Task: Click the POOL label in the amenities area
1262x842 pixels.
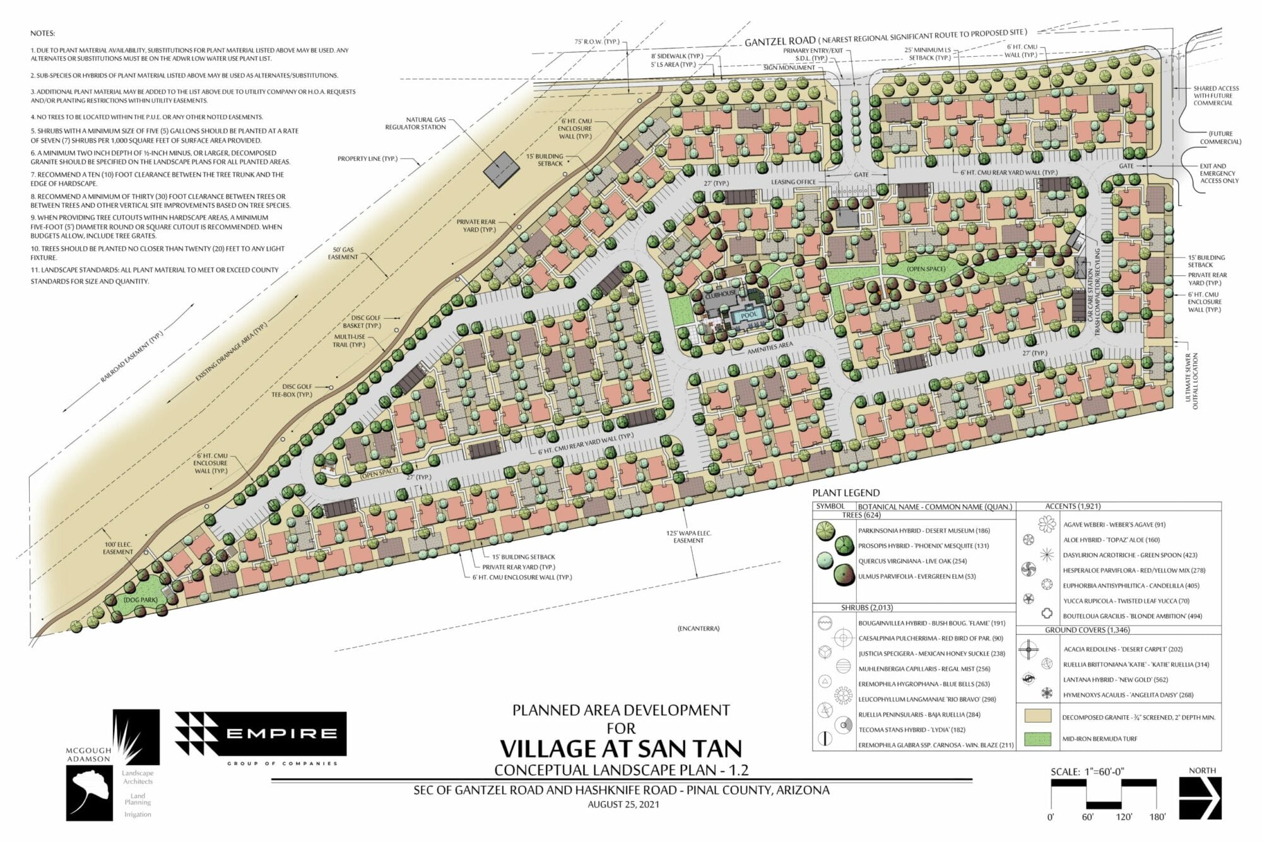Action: [749, 314]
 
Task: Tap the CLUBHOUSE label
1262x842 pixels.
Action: [721, 294]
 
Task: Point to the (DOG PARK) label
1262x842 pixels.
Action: [140, 600]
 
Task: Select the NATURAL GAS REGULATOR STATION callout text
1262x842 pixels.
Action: [416, 123]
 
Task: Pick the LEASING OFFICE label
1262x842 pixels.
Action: [793, 182]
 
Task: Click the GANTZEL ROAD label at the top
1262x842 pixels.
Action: [780, 42]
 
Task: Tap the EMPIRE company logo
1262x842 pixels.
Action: [261, 733]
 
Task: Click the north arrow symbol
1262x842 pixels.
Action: [1200, 798]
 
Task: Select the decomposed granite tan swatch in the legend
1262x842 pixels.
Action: [1037, 716]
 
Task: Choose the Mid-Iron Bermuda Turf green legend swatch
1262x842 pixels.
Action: [1037, 738]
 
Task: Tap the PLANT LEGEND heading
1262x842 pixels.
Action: [846, 493]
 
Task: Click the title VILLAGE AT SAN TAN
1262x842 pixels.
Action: [621, 748]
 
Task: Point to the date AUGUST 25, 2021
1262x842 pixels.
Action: [623, 804]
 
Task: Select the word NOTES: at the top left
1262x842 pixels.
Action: [43, 33]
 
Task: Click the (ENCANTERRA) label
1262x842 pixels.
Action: [699, 629]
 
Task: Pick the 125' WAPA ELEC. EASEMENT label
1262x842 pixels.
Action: [688, 537]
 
